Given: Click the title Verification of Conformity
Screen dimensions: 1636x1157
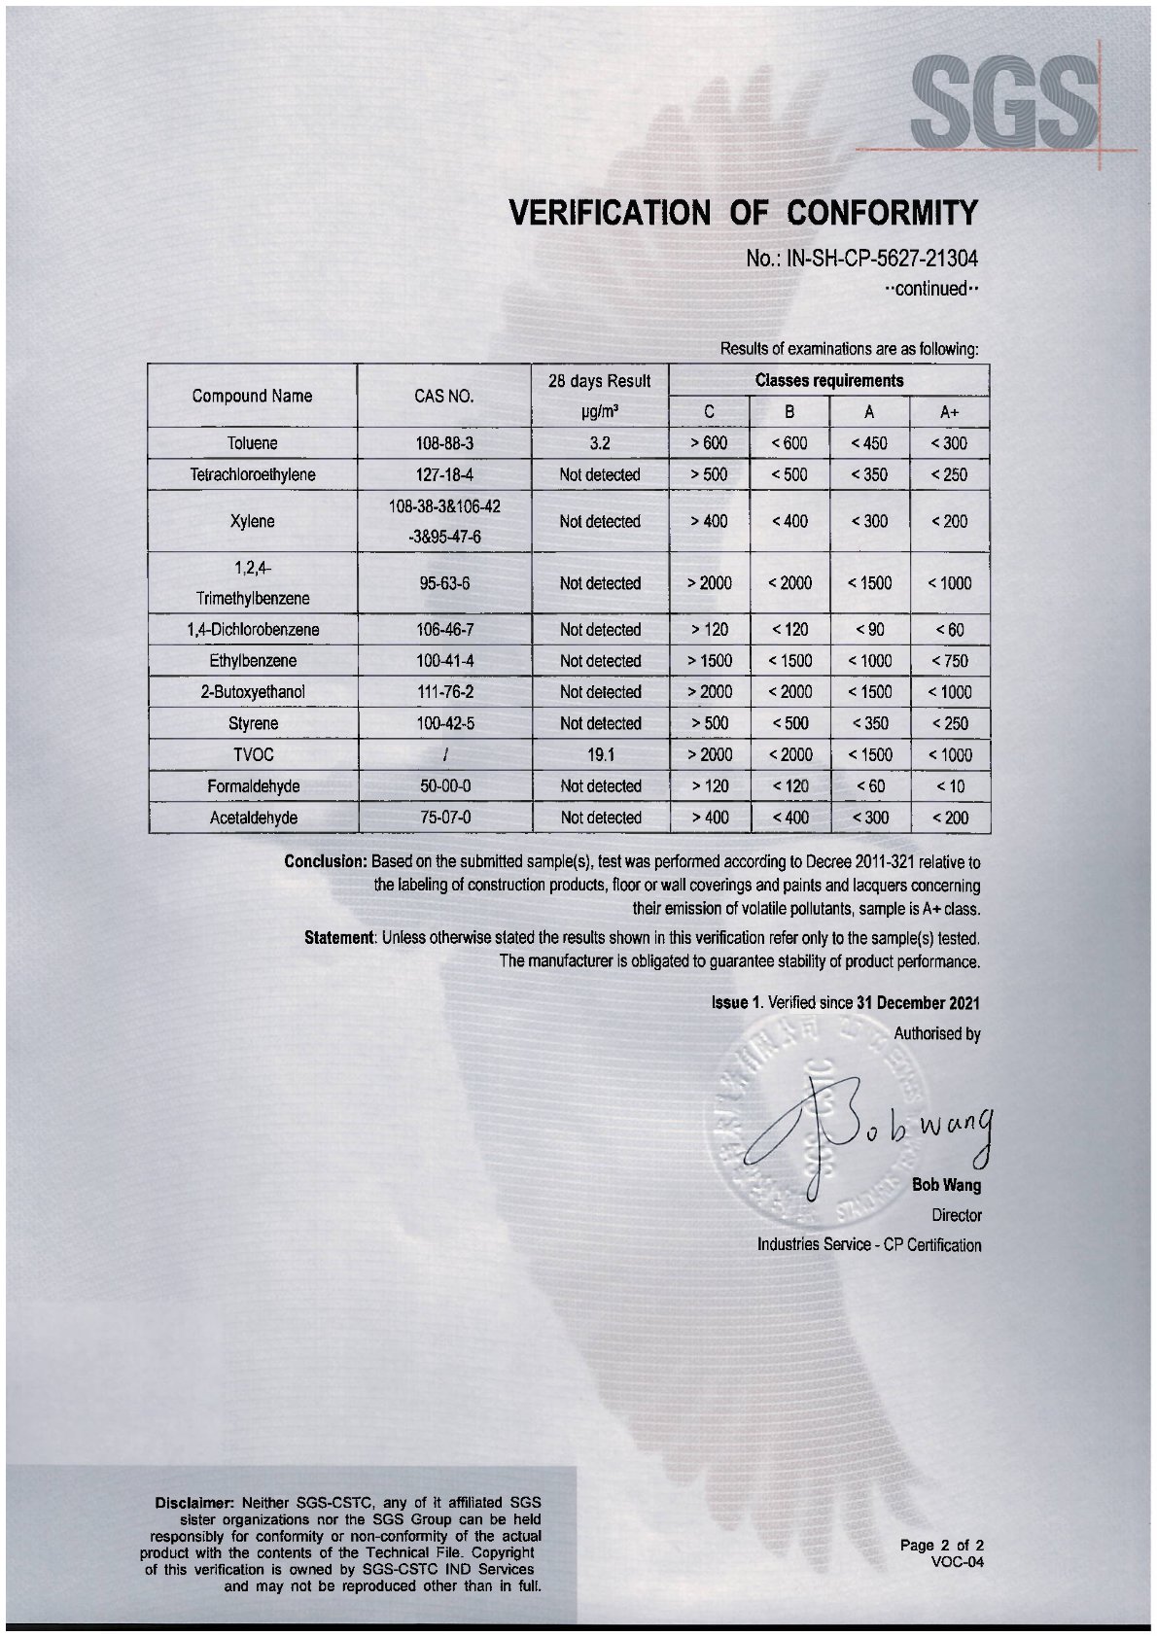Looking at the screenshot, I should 743,213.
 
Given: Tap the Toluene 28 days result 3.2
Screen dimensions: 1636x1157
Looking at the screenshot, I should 600,443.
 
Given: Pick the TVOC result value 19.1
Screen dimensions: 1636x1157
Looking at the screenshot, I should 600,754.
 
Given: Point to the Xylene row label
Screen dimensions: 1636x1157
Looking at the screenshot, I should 252,521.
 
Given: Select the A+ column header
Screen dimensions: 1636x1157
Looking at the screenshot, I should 950,412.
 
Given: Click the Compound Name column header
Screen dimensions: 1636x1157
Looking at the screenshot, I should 252,396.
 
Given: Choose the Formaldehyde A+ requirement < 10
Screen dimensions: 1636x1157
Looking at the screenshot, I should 950,785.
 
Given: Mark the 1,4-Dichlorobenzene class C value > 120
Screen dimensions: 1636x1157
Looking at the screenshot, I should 710,629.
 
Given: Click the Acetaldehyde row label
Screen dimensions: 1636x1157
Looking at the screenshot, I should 252,818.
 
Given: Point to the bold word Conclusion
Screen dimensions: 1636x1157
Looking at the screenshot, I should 325,861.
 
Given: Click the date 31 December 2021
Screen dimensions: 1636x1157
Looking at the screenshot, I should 918,1002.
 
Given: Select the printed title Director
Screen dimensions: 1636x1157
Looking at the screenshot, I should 957,1215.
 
